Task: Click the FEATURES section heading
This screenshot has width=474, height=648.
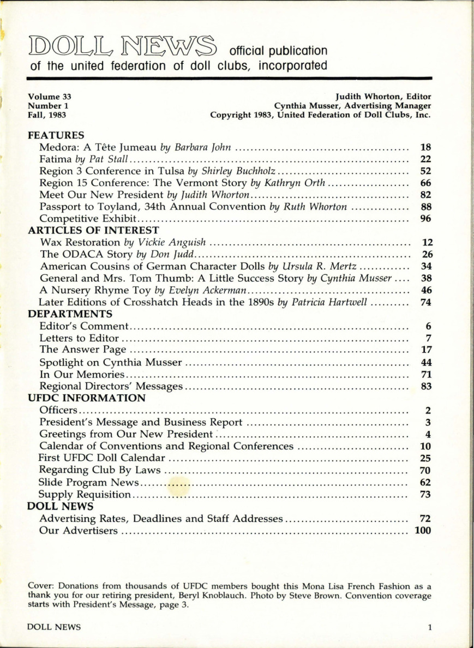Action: click(56, 135)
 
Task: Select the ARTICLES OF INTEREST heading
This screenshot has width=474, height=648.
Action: click(93, 230)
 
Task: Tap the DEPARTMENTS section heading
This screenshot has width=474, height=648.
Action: click(70, 314)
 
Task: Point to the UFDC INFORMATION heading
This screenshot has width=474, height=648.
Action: click(86, 398)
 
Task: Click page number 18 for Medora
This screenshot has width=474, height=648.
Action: click(426, 147)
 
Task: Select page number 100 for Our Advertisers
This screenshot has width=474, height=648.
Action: click(423, 530)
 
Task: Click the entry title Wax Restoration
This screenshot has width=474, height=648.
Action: click(80, 242)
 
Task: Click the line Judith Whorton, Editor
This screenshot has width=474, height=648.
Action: click(385, 97)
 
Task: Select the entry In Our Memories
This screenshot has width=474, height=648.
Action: click(83, 374)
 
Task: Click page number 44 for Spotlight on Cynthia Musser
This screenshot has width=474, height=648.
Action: click(426, 362)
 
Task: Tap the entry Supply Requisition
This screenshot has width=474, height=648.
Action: click(85, 495)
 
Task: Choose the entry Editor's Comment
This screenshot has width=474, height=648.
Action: click(84, 326)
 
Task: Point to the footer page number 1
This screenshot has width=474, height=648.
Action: click(429, 627)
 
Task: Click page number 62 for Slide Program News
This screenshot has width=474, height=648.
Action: click(426, 482)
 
